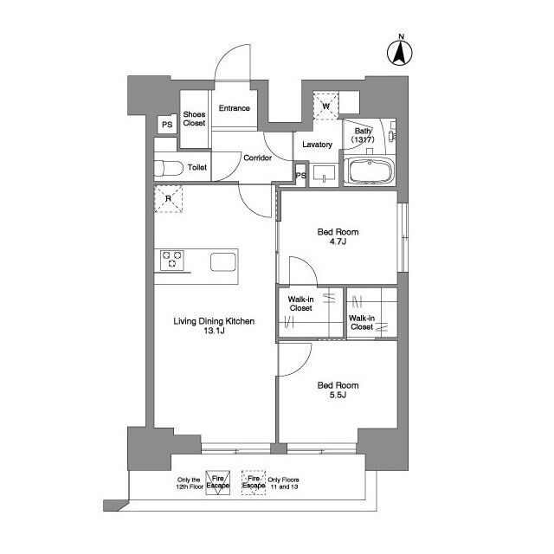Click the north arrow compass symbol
click(400, 52)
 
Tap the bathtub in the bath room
click(370, 171)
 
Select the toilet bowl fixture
click(169, 168)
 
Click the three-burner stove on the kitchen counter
click(172, 261)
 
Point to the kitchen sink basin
click(223, 261)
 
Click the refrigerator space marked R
click(168, 199)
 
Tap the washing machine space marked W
click(325, 106)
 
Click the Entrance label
click(235, 108)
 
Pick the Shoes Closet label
click(194, 119)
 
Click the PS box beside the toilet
click(167, 125)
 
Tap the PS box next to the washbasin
click(300, 175)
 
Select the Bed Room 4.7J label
click(338, 236)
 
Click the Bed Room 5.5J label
click(338, 390)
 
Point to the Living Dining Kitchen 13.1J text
click(214, 325)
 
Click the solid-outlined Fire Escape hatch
click(218, 483)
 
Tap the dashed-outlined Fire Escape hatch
click(254, 483)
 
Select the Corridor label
click(258, 158)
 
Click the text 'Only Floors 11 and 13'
click(283, 483)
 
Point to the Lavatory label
click(318, 145)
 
